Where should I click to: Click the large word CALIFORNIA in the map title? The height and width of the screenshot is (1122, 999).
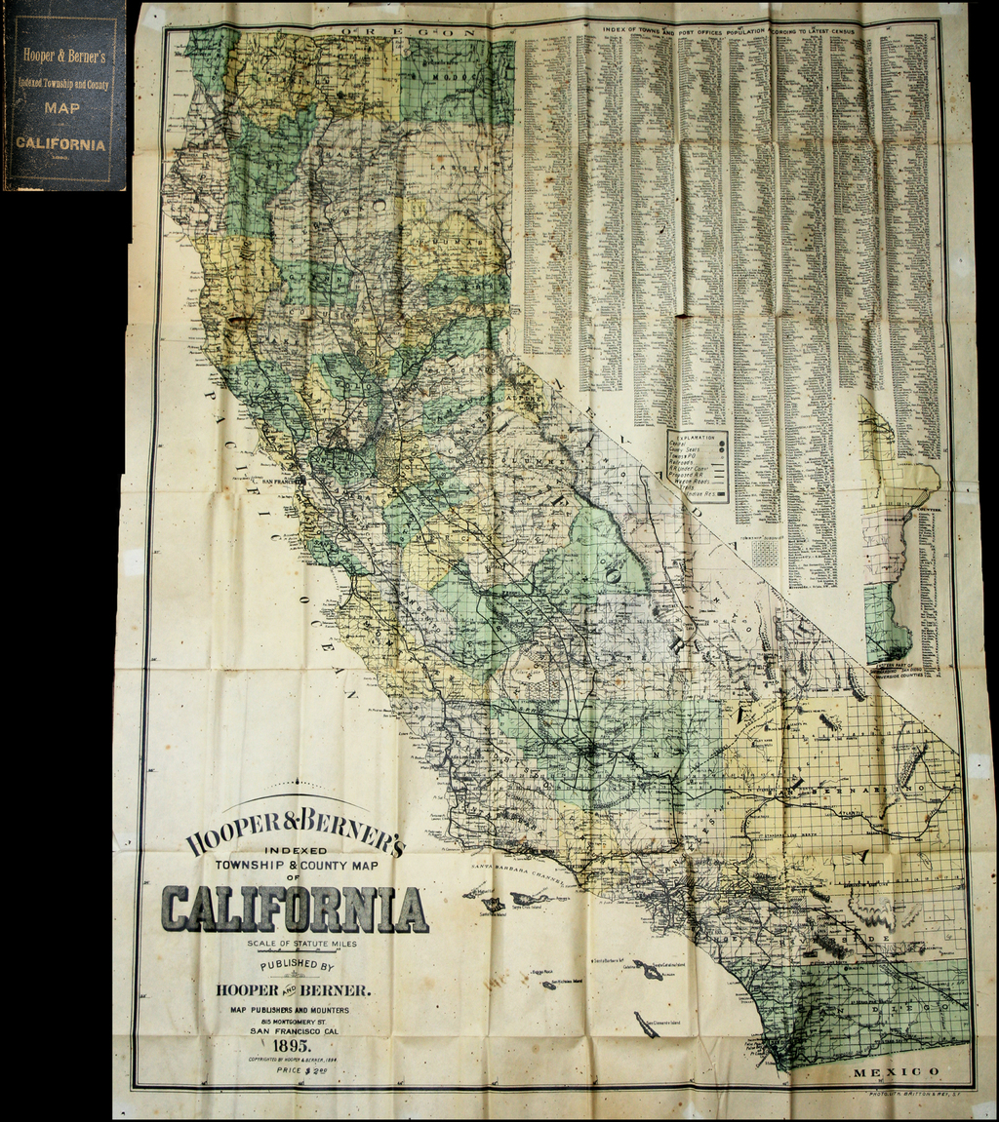click(295, 909)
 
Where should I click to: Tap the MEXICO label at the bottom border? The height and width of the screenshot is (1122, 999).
click(896, 1071)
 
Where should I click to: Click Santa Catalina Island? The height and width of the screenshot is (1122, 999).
click(649, 969)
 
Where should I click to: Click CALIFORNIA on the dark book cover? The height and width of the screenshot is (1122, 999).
click(60, 143)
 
